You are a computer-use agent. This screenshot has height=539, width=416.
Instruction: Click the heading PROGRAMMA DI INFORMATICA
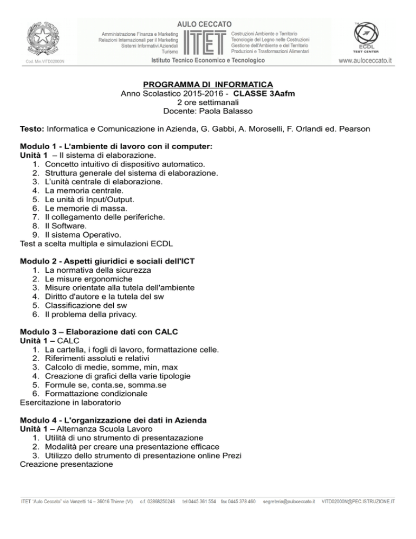(x=208, y=85)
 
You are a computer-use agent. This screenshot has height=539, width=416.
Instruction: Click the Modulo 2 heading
(x=107, y=261)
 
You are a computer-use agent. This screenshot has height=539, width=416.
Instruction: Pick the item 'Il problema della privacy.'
(x=91, y=314)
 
